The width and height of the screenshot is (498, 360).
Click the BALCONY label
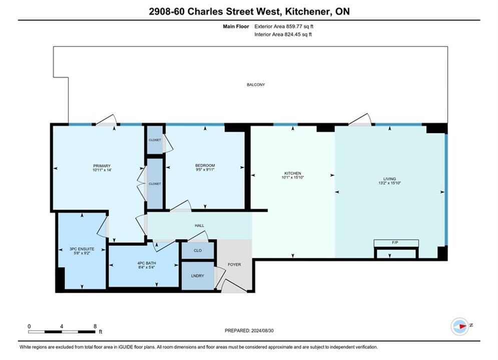pos(256,84)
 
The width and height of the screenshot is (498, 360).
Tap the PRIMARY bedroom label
pos(102,166)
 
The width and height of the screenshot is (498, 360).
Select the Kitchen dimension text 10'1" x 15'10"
pos(292,177)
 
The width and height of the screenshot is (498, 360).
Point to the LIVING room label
pos(389,179)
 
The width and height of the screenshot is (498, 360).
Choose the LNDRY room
pos(198,275)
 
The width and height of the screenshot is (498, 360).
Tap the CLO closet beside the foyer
pos(198,250)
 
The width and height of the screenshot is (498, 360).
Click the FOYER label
pos(234,264)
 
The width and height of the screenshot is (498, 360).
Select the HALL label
pos(200,225)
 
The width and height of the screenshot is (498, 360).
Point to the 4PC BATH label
pos(147,263)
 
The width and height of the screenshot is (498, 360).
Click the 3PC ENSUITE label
pos(82,249)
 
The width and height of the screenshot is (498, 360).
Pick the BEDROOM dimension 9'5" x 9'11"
pos(205,169)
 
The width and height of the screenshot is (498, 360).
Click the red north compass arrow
pos(463,325)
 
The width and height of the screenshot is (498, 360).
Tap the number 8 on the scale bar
pos(95,326)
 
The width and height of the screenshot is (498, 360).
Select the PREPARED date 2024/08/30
pos(262,330)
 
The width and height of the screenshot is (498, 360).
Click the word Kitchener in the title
pos(307,11)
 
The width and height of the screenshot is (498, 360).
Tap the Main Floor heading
pos(236,26)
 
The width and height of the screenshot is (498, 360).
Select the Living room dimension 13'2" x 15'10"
pos(390,183)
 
